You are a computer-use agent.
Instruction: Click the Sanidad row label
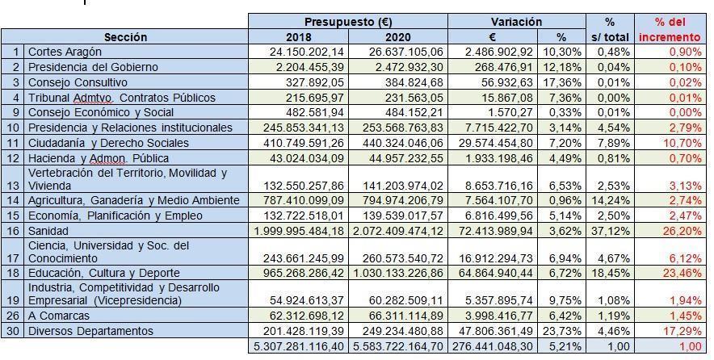point(48,231)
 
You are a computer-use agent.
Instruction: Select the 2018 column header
point(298,37)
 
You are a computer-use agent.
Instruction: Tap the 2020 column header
point(397,37)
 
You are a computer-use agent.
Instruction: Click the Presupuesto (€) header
point(348,22)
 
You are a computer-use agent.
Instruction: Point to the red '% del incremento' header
point(670,30)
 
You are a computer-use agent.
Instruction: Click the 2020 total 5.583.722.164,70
point(397,346)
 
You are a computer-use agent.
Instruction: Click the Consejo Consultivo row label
point(78,82)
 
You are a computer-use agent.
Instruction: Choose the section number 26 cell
point(13,316)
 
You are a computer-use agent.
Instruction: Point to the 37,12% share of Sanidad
point(611,231)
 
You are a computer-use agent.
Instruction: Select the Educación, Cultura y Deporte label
point(104,273)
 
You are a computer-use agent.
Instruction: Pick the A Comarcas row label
point(59,316)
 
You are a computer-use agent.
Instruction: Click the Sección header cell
point(125,37)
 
